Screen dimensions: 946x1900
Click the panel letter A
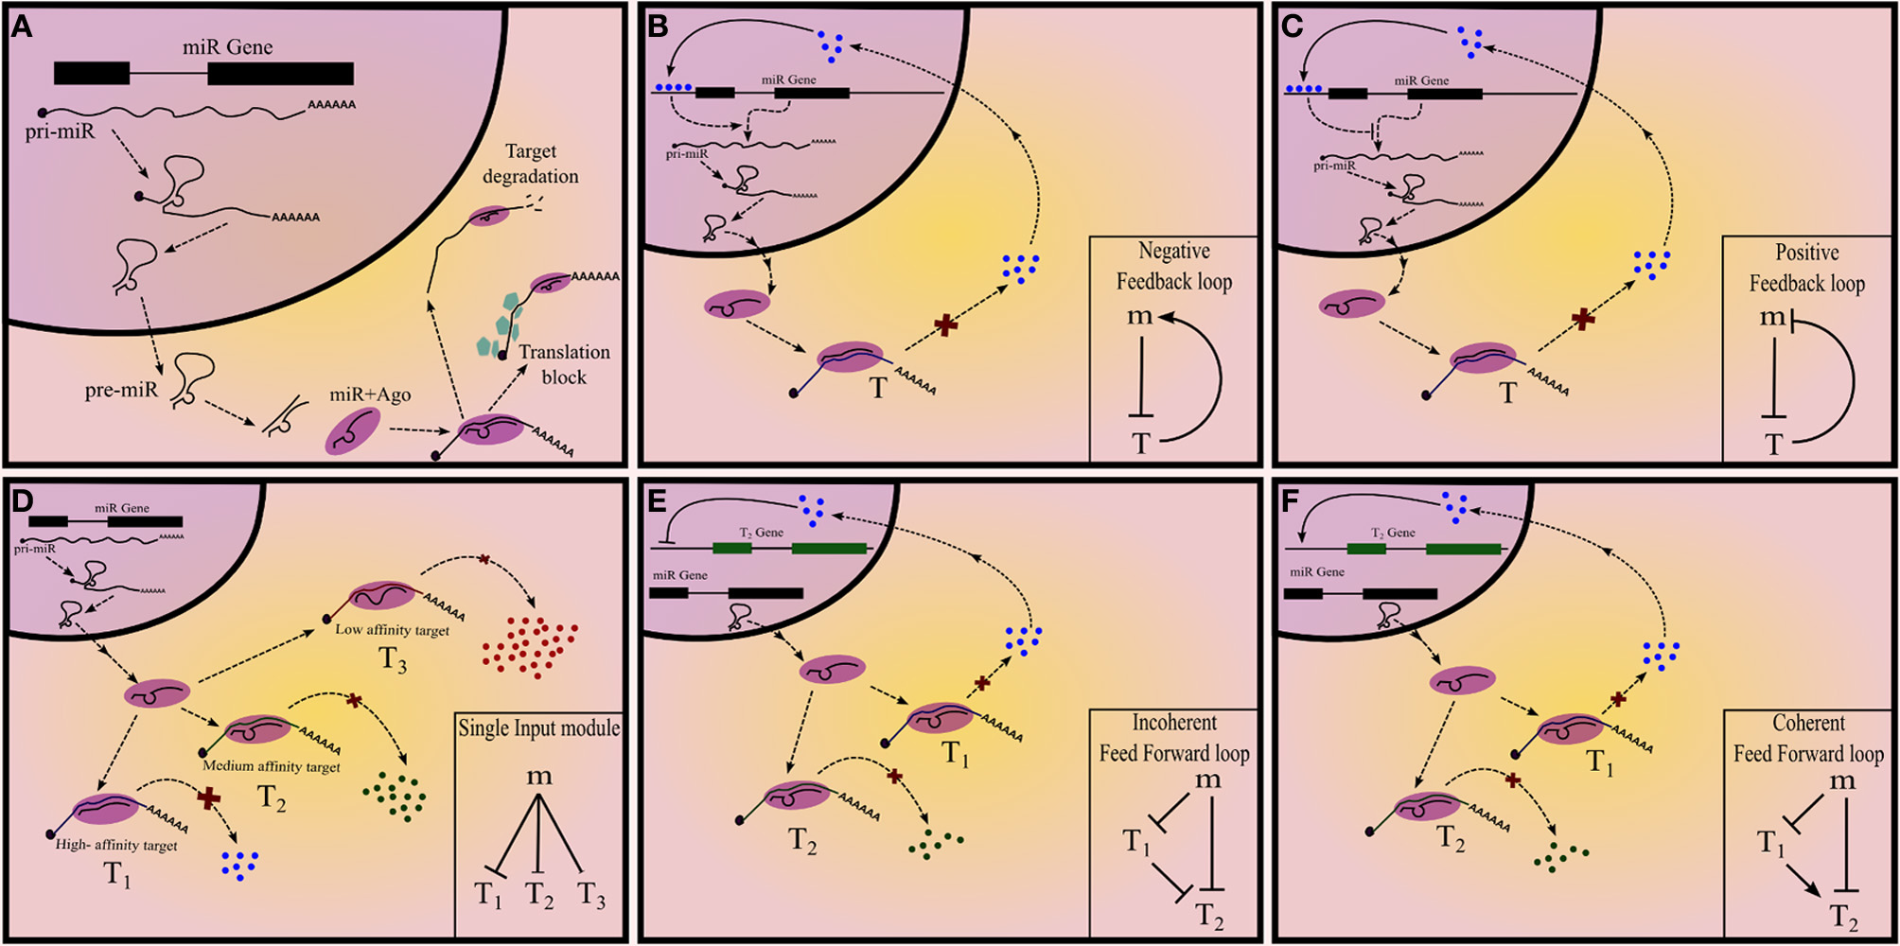click(22, 26)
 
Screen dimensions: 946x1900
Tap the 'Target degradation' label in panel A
click(530, 164)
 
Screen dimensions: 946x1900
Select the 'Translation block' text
click(564, 364)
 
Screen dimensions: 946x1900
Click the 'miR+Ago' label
click(370, 394)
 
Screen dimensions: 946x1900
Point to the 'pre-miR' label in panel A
click(121, 389)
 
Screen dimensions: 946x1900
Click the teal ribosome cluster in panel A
click(501, 327)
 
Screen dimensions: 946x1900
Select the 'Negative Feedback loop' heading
click(1173, 266)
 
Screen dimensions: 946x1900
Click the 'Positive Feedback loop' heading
click(1806, 268)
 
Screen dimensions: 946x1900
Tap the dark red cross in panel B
click(945, 325)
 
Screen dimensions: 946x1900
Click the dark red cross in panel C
click(1582, 320)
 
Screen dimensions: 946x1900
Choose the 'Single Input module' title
click(539, 727)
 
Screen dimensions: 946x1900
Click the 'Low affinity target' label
click(392, 630)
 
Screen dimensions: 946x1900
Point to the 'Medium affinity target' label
click(272, 766)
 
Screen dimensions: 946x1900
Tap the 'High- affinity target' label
click(116, 845)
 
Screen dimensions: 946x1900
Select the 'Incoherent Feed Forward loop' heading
click(1174, 738)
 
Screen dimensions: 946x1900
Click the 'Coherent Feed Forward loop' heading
click(1808, 738)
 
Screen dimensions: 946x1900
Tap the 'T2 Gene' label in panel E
click(761, 533)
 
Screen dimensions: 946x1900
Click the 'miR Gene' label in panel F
click(1316, 572)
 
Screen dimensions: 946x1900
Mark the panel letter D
click(22, 501)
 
